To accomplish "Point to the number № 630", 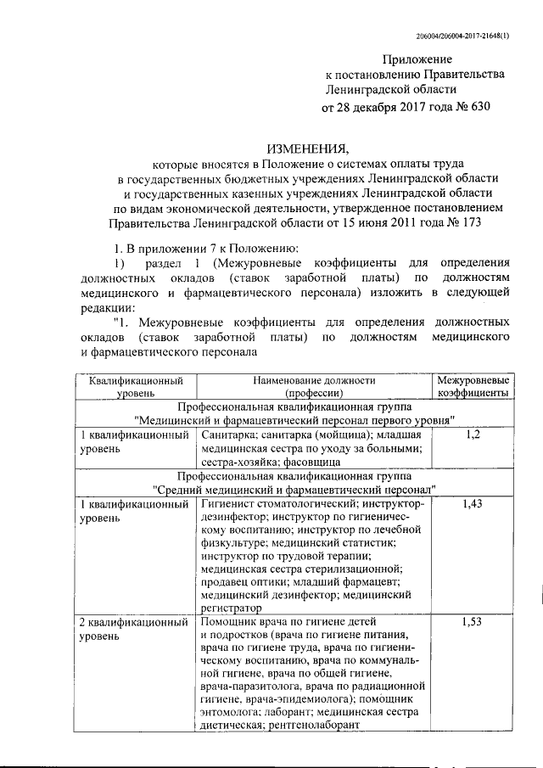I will [x=472, y=108].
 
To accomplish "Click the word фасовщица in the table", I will [x=312, y=462].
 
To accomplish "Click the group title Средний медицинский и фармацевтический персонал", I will [x=294, y=490].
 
